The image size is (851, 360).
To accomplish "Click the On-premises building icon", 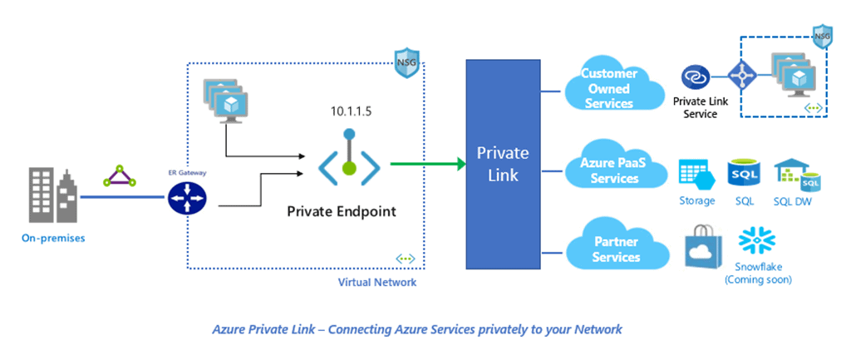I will pyautogui.click(x=54, y=195).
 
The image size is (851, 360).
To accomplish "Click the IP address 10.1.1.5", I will pyautogui.click(x=349, y=110).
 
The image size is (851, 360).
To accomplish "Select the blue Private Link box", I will pyautogui.click(x=502, y=163).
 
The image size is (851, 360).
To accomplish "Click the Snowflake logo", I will pyautogui.click(x=757, y=240).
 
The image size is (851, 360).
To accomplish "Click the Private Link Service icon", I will pyautogui.click(x=694, y=78).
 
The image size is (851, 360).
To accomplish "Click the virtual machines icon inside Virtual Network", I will pyautogui.click(x=225, y=100).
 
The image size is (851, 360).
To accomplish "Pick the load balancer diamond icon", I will pyautogui.click(x=741, y=77).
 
